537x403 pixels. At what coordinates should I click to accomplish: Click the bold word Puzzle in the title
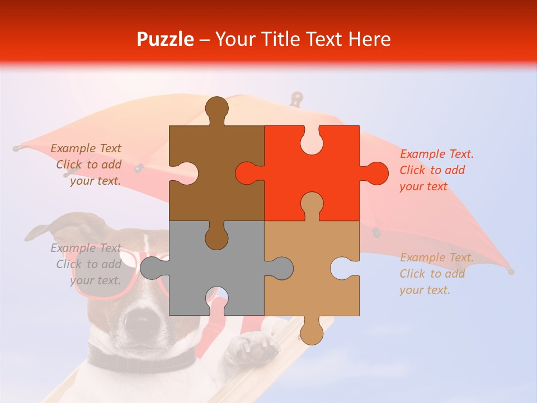(166, 39)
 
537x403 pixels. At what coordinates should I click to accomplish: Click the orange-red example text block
(436, 170)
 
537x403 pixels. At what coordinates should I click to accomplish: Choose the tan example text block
(436, 274)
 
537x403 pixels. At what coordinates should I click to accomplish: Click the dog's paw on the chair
(252, 347)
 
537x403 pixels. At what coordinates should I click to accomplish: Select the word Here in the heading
(369, 39)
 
